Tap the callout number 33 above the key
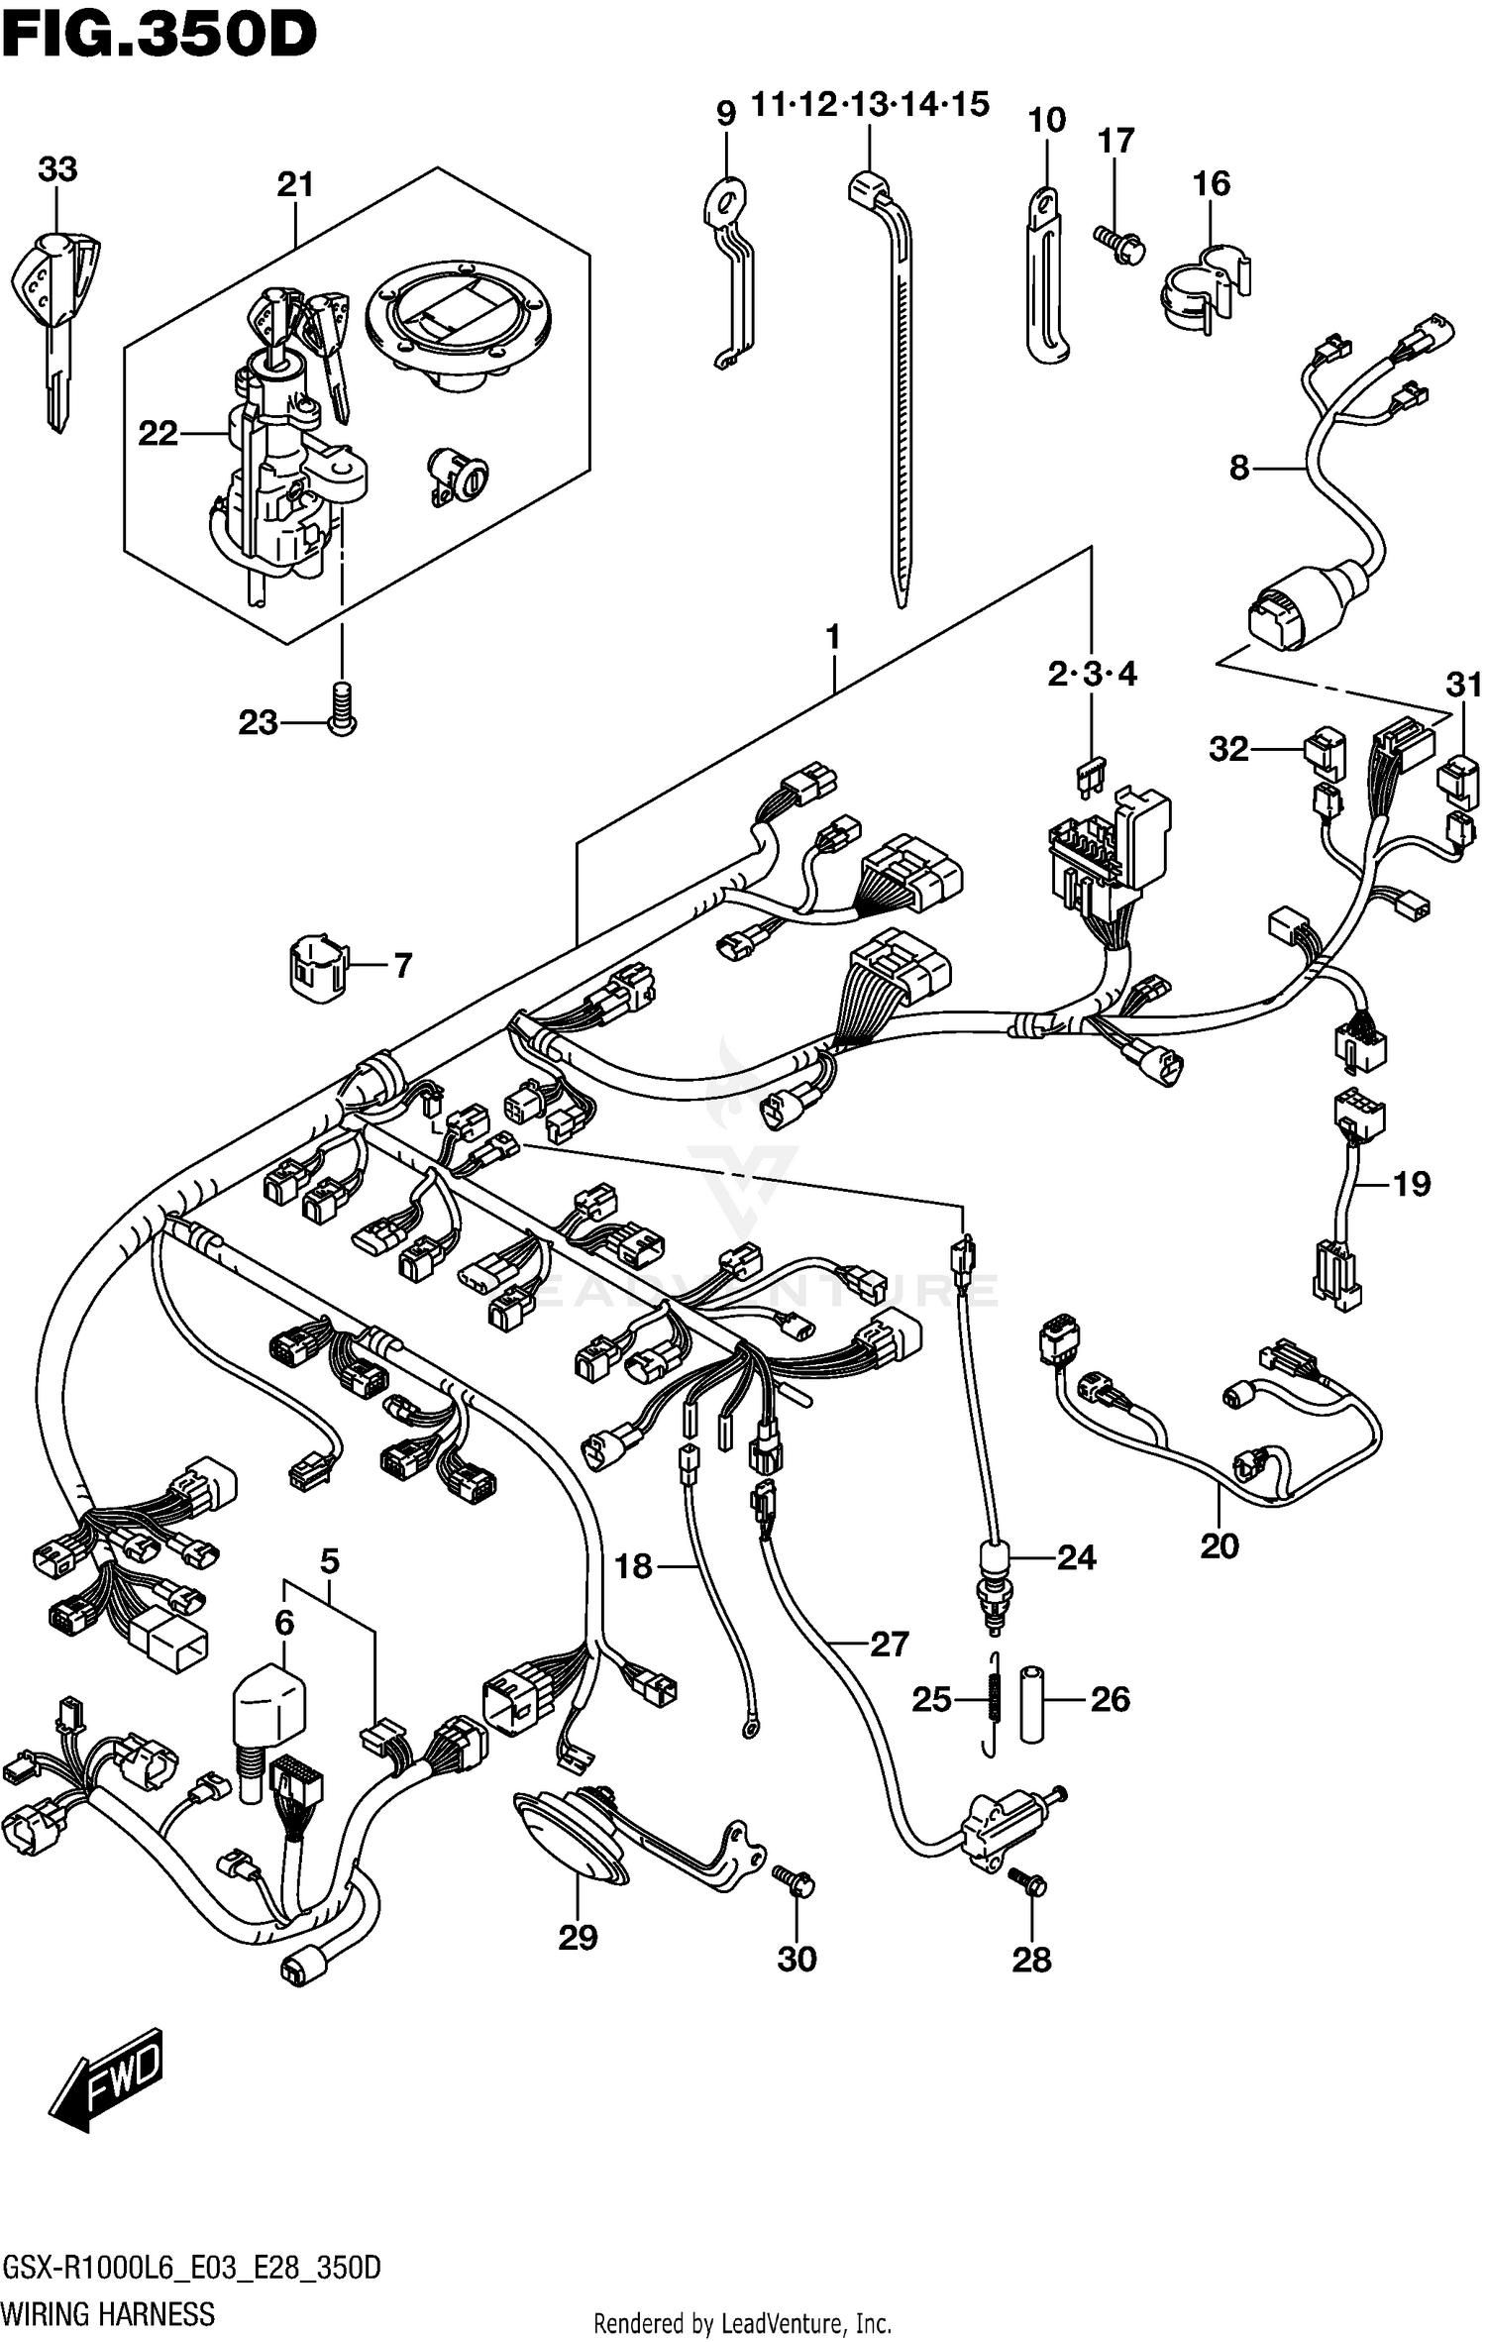pyautogui.click(x=57, y=169)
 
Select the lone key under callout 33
pyautogui.click(x=57, y=317)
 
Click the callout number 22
pyautogui.click(x=158, y=434)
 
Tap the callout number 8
pyautogui.click(x=1238, y=467)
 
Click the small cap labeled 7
pyautogui.click(x=317, y=962)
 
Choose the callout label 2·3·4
pyautogui.click(x=1092, y=675)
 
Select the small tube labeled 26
pyautogui.click(x=1032, y=1702)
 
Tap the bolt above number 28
pyautogui.click(x=1027, y=1879)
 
